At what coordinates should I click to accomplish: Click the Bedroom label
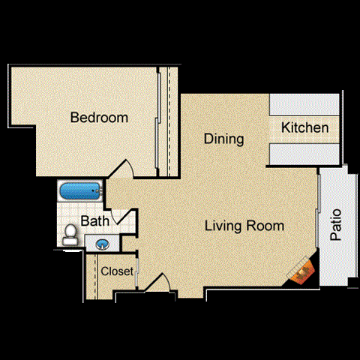(99, 118)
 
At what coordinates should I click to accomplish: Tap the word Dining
(224, 139)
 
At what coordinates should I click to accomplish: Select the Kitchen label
(304, 128)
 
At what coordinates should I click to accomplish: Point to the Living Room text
(245, 226)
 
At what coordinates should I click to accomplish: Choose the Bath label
(95, 221)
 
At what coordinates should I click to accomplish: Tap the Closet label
(117, 271)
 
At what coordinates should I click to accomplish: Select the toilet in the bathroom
(70, 235)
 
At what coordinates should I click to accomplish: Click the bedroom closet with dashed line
(167, 120)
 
